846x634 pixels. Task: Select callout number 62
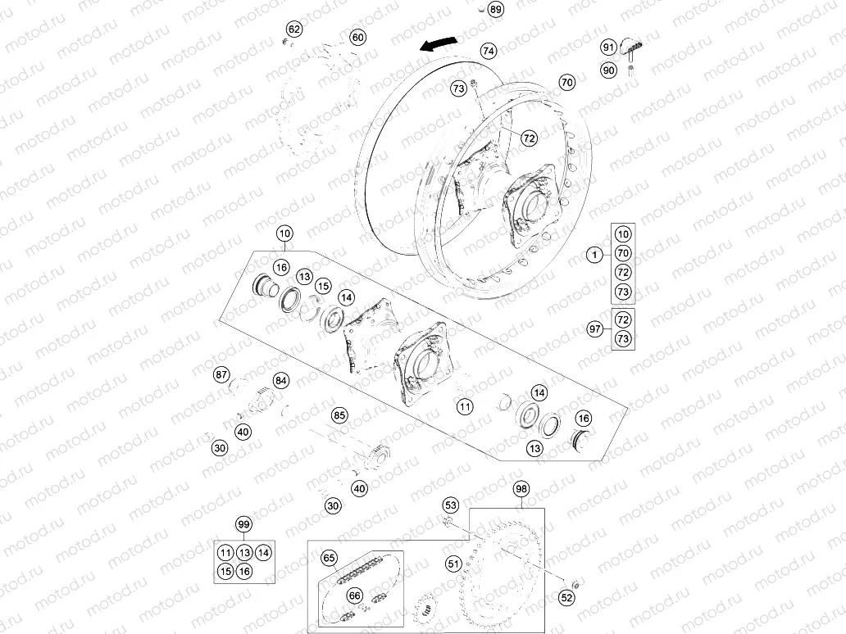point(294,29)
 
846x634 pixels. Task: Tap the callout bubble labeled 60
point(357,37)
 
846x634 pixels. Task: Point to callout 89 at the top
point(495,10)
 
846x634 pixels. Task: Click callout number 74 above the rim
point(488,51)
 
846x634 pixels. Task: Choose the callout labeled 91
point(608,47)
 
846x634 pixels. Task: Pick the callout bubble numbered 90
point(608,70)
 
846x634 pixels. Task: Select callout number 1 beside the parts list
point(595,256)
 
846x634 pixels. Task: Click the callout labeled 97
point(595,328)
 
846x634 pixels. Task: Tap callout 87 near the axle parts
point(221,374)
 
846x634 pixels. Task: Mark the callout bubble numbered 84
point(281,381)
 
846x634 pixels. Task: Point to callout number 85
point(339,415)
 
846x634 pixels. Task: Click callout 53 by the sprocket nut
point(451,505)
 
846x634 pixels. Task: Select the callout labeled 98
point(521,489)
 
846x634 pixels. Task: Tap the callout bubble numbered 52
point(566,599)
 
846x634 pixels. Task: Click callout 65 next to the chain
point(329,559)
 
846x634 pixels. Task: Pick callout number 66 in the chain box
point(353,596)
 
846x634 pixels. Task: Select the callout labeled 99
point(243,524)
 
